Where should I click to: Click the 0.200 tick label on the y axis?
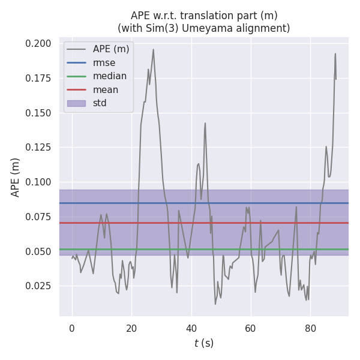click(x=38, y=44)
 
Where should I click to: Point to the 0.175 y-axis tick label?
click(x=38, y=79)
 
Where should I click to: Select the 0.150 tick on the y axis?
click(x=38, y=113)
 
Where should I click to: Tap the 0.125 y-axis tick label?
click(x=38, y=148)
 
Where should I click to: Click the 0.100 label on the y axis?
click(x=38, y=182)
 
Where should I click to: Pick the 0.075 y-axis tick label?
click(x=38, y=217)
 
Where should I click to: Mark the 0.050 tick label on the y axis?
click(x=38, y=251)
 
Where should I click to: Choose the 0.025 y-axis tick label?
click(x=38, y=286)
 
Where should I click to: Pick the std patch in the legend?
click(x=76, y=103)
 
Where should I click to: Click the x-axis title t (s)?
click(x=204, y=343)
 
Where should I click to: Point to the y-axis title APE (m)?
click(x=16, y=177)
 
